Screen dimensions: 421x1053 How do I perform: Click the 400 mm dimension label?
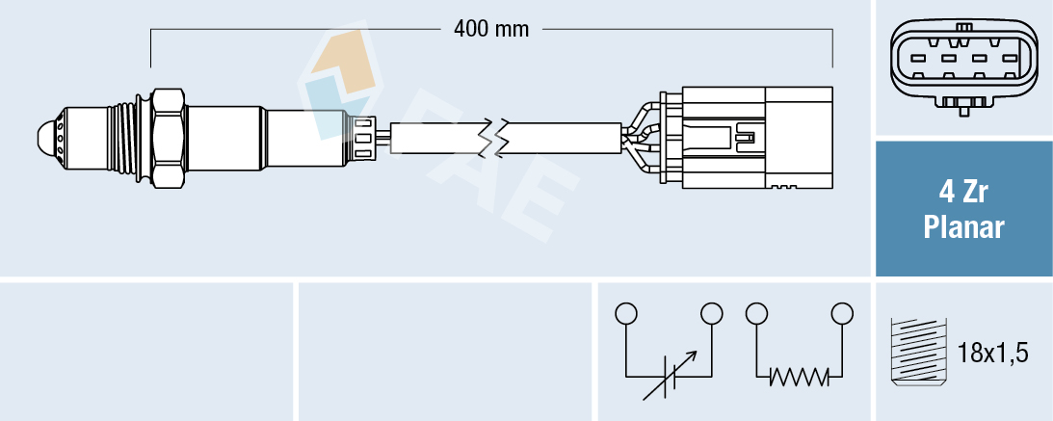coord(491,29)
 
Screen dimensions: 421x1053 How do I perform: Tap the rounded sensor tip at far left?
coord(46,136)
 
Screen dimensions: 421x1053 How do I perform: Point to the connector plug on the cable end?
coord(751,137)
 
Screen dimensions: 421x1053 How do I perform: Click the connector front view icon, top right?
coord(962,63)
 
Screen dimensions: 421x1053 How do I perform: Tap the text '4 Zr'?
coord(962,193)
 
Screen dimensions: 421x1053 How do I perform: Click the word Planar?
coord(962,227)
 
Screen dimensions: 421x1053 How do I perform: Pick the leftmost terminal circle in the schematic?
coord(626,314)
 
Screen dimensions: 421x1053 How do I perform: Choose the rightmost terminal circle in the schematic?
coord(843,314)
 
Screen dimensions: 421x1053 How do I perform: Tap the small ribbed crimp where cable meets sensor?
coord(364,137)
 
